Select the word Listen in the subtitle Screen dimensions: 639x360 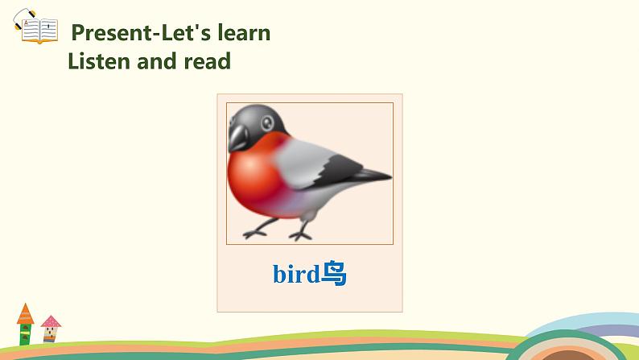tap(99, 61)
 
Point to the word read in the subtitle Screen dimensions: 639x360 tap(208, 61)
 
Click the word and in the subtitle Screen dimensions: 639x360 tap(157, 61)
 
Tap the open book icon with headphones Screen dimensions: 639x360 tap(36, 27)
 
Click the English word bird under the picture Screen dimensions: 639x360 tap(296, 274)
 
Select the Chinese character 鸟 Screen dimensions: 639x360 tap(334, 273)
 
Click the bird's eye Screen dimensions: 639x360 tap(267, 122)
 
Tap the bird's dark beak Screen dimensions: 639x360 tap(238, 138)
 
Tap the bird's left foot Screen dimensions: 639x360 tap(254, 234)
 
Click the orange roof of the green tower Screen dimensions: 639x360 tap(25, 314)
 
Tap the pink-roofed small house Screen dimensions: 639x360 tap(51, 329)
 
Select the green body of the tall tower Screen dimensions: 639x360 tap(25, 334)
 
